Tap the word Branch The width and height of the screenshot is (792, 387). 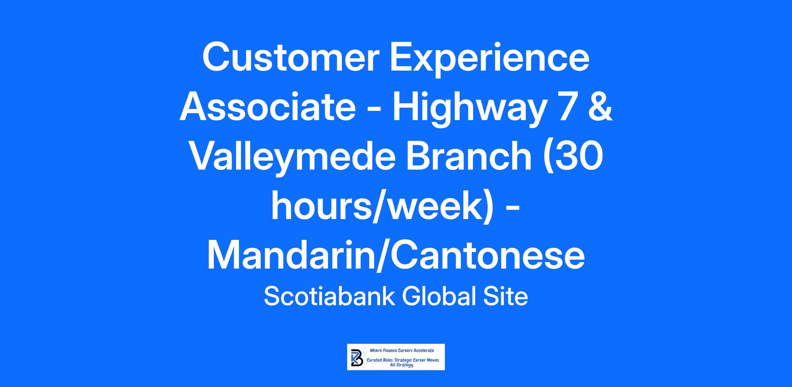click(x=469, y=155)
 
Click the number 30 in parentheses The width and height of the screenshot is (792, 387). click(x=580, y=156)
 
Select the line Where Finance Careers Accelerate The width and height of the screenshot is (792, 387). click(x=402, y=350)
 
